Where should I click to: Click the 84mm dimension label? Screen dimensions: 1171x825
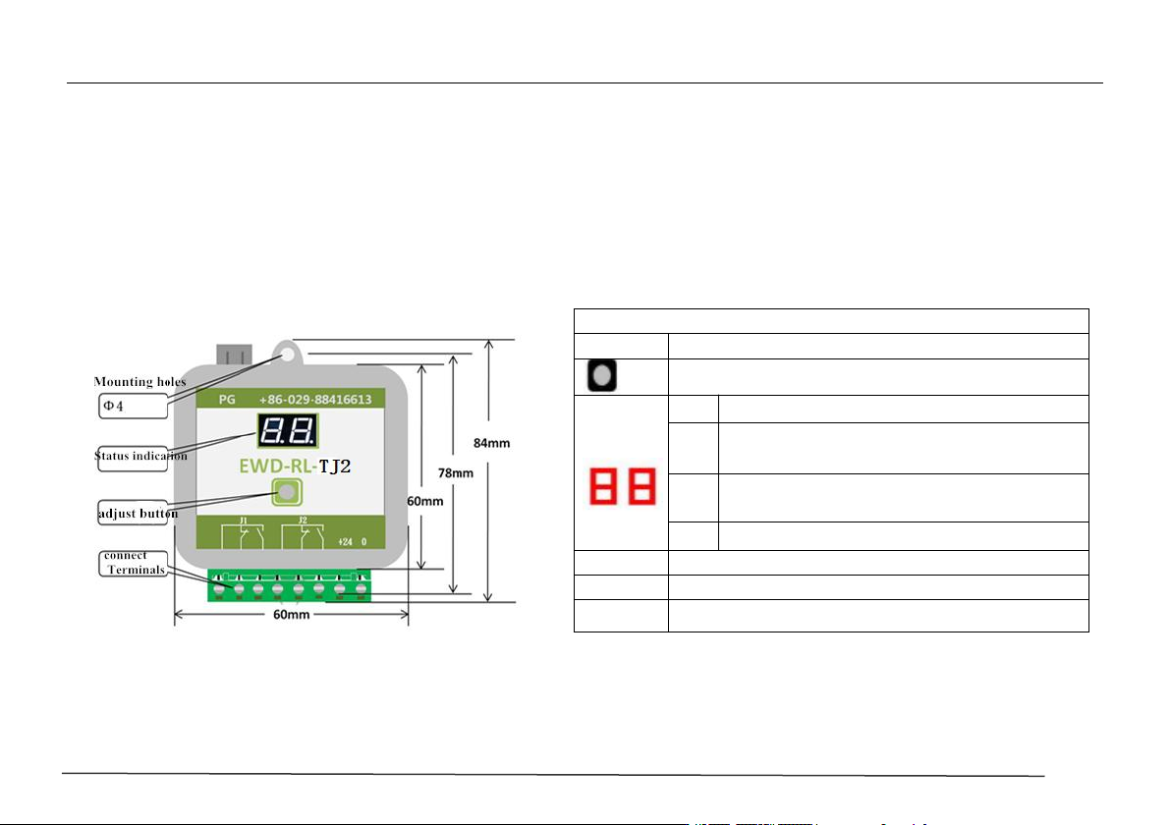point(491,443)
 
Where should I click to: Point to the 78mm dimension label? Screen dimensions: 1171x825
point(456,472)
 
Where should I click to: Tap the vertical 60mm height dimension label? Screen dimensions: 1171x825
point(425,501)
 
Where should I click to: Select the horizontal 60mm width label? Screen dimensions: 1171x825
point(291,615)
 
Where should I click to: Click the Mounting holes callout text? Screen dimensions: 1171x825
point(139,381)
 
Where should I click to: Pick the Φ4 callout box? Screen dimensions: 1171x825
point(133,407)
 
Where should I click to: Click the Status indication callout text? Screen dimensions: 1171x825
point(140,456)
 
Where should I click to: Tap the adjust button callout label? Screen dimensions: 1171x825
point(139,513)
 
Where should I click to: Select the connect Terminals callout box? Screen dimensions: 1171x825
point(133,564)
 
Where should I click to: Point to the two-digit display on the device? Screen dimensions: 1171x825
point(288,431)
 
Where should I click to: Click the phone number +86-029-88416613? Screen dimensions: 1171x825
point(315,400)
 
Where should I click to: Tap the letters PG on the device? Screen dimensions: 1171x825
point(227,400)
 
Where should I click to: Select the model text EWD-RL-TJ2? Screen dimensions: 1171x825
point(295,467)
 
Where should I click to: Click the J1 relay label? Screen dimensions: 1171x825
point(243,520)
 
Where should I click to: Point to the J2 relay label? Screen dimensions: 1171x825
point(303,520)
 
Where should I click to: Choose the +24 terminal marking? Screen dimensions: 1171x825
point(345,542)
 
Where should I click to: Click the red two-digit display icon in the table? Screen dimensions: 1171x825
point(623,486)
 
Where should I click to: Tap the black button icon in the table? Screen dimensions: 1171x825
point(602,375)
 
